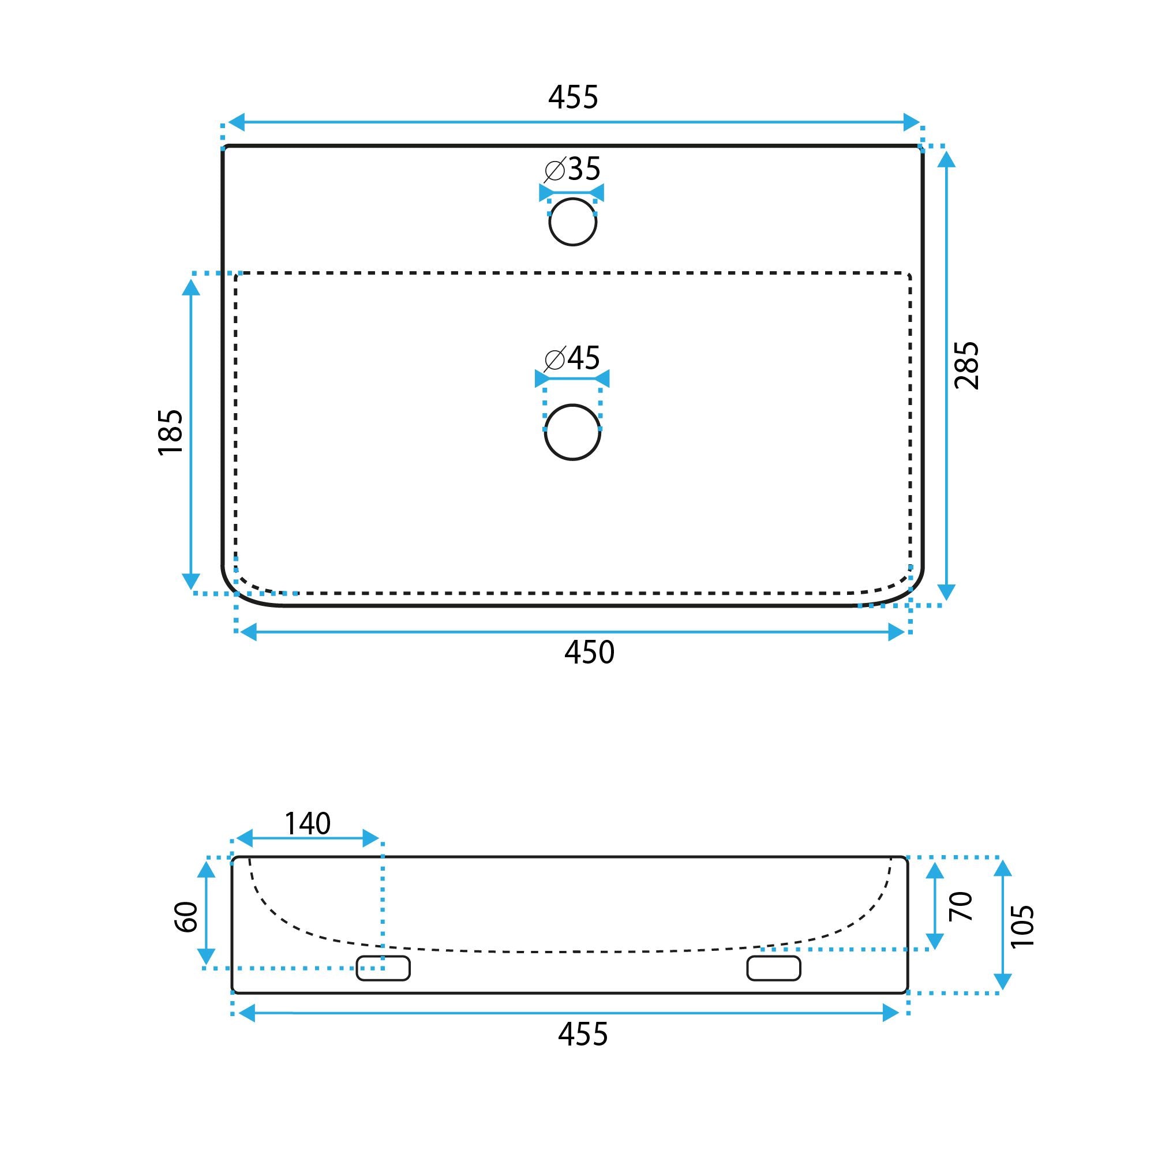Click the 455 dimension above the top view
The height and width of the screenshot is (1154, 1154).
(573, 98)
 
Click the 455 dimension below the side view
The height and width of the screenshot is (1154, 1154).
(582, 1035)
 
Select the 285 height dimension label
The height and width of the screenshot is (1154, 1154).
(966, 366)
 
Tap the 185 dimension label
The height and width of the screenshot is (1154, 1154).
(171, 432)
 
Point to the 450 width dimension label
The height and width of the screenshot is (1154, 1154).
(589, 652)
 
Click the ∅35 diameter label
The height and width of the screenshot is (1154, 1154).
(572, 170)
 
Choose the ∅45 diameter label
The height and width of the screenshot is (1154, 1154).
(572, 358)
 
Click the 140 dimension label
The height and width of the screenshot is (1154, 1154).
(307, 825)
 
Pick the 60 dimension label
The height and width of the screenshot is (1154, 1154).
(186, 917)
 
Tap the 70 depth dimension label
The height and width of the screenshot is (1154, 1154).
(961, 906)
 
